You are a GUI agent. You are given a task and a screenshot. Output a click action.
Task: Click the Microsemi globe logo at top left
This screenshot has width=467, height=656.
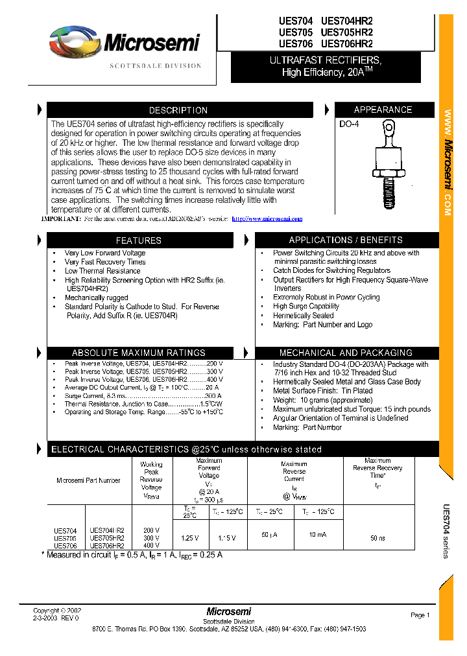tap(73, 43)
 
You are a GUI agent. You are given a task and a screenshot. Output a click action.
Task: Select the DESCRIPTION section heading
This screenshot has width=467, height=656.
tap(178, 110)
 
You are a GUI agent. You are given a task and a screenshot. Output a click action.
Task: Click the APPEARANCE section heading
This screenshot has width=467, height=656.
tap(383, 110)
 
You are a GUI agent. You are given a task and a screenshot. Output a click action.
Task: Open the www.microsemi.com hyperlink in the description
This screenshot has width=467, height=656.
tap(267, 219)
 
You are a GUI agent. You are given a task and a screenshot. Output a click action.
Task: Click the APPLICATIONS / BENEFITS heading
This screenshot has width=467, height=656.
tap(346, 240)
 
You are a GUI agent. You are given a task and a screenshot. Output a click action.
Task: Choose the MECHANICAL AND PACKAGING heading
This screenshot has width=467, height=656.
tap(346, 353)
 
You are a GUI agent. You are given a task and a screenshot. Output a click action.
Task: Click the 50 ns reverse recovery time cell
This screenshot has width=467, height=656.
tap(377, 538)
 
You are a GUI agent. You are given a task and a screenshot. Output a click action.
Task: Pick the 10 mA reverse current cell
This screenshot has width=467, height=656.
tap(317, 535)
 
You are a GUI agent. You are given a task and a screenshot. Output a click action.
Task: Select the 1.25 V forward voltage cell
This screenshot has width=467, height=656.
tap(190, 538)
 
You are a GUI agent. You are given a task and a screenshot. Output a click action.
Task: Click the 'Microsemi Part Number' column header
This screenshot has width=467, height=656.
tap(88, 480)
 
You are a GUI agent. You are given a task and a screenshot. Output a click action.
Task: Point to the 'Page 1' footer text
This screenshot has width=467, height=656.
tap(420, 615)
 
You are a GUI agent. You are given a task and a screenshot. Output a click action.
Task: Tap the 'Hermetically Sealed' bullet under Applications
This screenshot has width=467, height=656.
tap(304, 316)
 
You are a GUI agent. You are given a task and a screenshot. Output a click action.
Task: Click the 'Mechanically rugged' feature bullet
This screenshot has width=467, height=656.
tap(97, 298)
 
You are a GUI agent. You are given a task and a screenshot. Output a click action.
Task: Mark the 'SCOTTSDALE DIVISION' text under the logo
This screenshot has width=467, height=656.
tap(156, 66)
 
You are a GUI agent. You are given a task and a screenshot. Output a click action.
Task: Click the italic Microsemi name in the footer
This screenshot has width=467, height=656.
tap(229, 611)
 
